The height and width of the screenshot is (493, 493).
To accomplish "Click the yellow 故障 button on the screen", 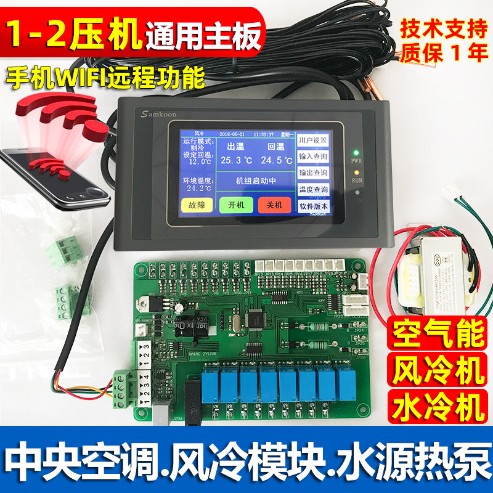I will point(197,205).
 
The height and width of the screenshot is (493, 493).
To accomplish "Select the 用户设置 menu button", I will point(313,140).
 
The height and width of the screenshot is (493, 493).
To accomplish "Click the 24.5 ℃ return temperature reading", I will point(275,161).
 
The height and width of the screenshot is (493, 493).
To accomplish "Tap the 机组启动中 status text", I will point(255,181).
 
